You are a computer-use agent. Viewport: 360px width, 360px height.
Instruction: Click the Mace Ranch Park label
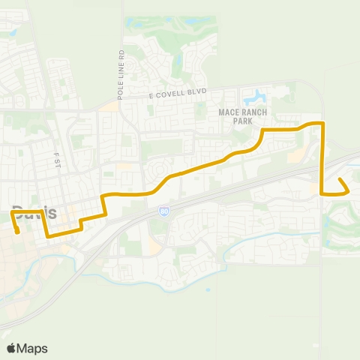[238, 115]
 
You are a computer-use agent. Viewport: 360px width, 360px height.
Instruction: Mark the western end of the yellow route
[17, 223]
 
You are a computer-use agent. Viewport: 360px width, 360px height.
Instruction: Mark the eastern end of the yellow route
[340, 179]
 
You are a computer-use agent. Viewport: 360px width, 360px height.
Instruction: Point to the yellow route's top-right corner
[322, 122]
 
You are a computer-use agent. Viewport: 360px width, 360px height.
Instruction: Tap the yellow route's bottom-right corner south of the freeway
[322, 193]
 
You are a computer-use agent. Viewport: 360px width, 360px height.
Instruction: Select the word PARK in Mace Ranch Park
[238, 120]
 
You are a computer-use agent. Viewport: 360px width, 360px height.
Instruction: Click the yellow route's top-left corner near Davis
[11, 212]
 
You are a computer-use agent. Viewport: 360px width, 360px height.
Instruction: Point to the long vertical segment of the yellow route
[322, 157]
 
